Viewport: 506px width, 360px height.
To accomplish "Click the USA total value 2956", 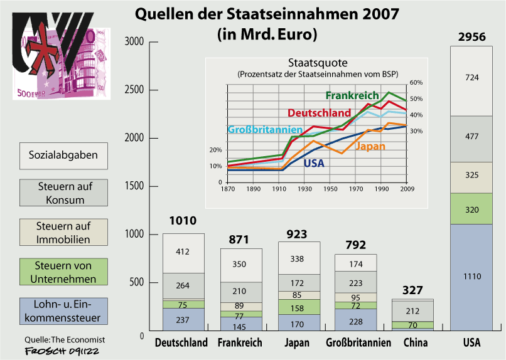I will [x=471, y=37].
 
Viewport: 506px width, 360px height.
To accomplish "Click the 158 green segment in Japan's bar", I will [x=299, y=308].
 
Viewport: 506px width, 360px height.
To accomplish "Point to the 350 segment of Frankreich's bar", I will [x=241, y=265].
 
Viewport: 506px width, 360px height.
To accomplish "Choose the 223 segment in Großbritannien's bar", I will [x=356, y=283].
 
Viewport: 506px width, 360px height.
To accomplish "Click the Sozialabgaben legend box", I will [x=63, y=155].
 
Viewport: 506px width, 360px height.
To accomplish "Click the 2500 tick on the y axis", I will [x=136, y=90].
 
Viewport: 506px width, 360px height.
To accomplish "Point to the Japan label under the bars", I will [x=297, y=343].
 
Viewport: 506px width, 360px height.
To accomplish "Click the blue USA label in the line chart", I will [x=314, y=163].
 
